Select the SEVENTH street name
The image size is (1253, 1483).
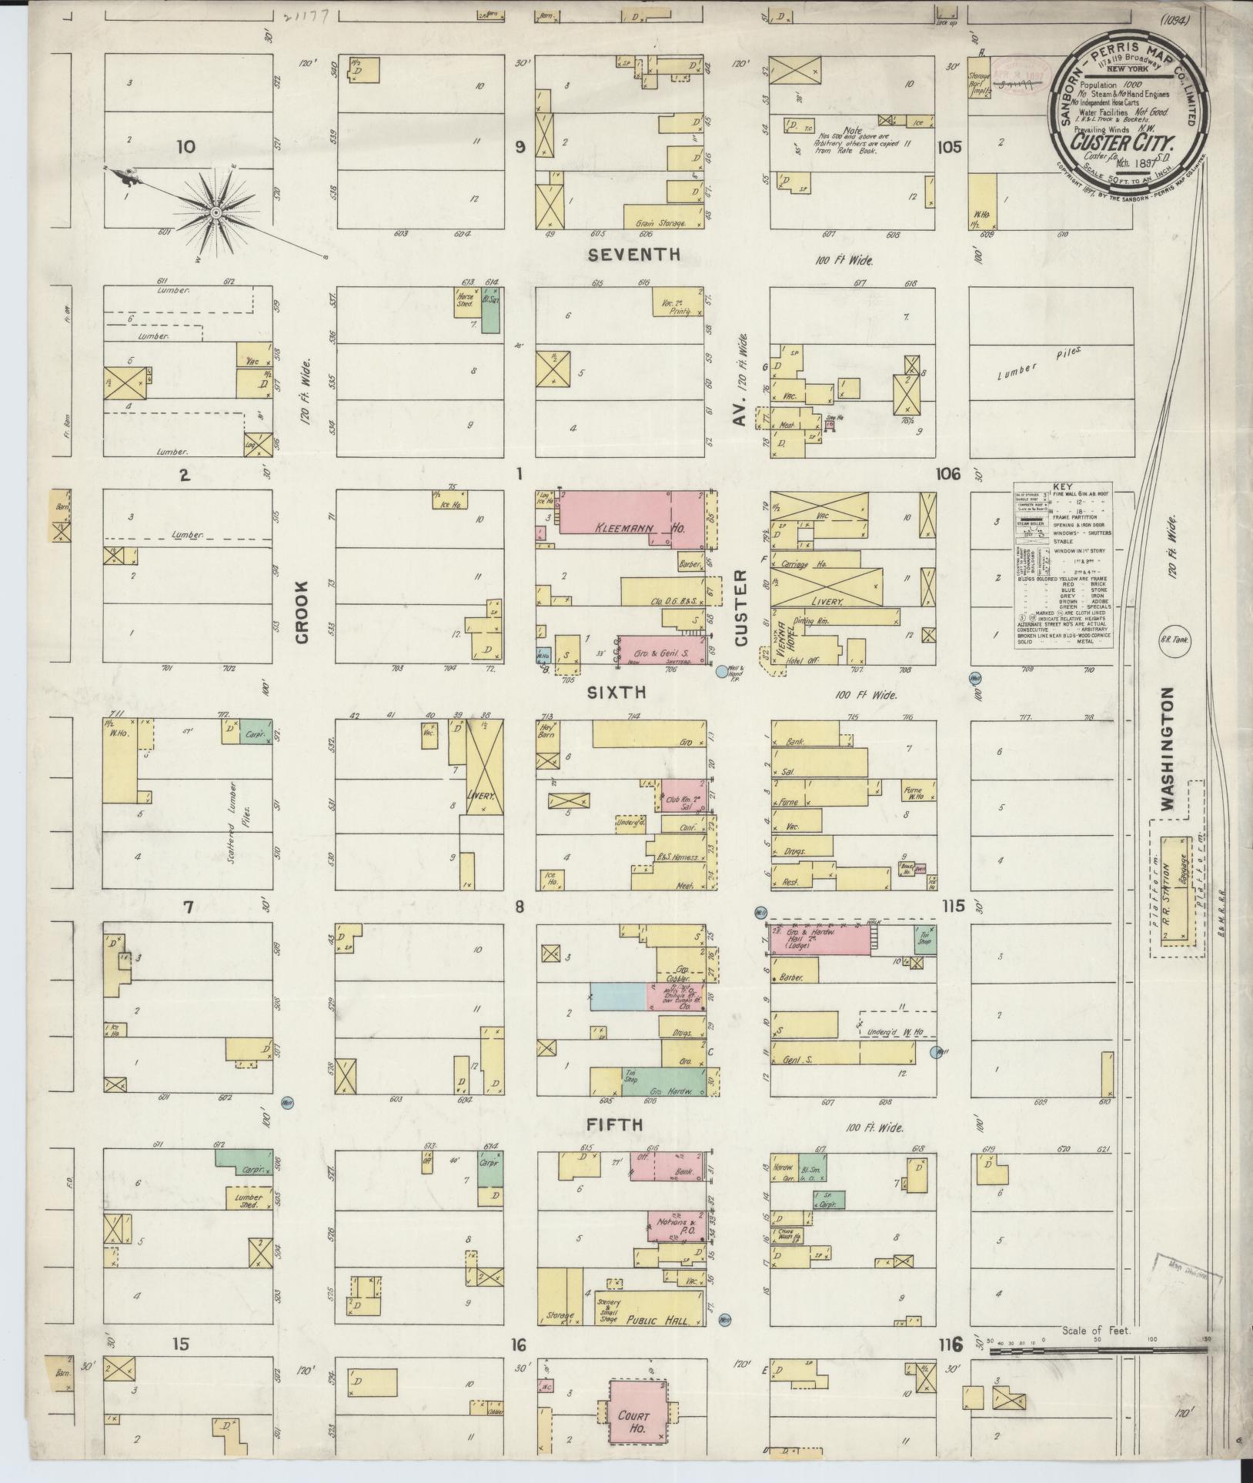pos(633,255)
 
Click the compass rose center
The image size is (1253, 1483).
pos(216,211)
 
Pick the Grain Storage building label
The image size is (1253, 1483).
pos(661,222)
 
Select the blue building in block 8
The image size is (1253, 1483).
pos(617,996)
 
